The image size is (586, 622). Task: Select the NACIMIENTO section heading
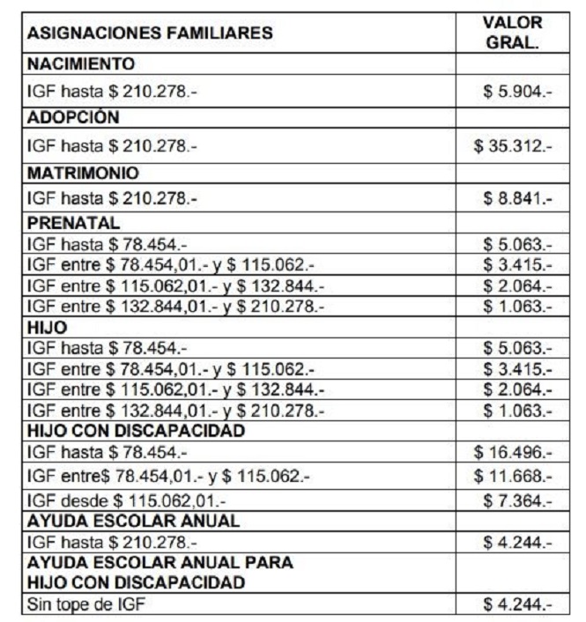pos(81,64)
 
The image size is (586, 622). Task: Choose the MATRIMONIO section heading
pos(84,172)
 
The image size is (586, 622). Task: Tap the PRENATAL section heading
pos(74,224)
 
